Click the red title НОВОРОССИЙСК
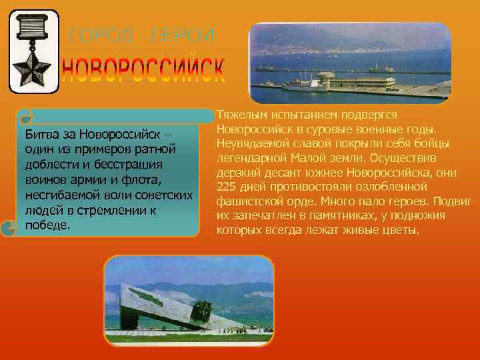point(143,70)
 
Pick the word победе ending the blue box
point(47,225)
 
